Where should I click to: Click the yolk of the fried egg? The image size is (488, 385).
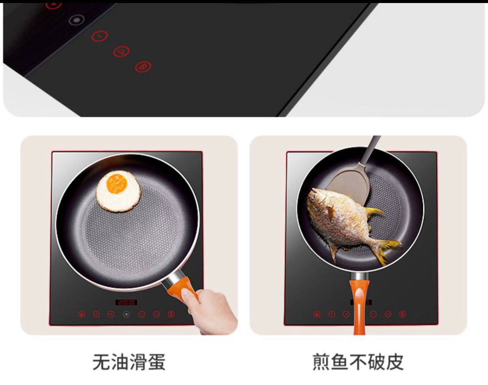click(117, 183)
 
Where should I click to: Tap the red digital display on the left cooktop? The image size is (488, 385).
click(126, 302)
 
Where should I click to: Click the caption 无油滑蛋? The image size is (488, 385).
click(129, 362)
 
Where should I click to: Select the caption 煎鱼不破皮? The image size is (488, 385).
click(358, 362)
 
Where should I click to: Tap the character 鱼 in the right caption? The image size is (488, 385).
click(339, 362)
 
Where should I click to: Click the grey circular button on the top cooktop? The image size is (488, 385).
click(76, 20)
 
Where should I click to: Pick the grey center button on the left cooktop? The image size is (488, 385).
click(126, 314)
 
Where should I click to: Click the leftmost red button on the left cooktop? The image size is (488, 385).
click(82, 314)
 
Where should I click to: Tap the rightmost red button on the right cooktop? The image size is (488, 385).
click(403, 314)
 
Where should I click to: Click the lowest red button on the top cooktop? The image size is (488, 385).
click(144, 67)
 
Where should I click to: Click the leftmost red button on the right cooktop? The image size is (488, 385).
click(317, 314)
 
